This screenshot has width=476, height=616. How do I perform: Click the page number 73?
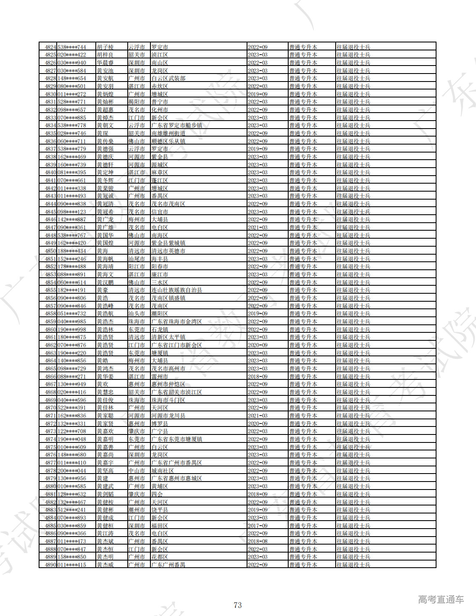[x=237, y=605]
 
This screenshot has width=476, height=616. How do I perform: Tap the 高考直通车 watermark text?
[x=441, y=600]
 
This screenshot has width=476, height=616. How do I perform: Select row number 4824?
[x=50, y=47]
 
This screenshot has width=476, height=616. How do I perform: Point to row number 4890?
[x=50, y=565]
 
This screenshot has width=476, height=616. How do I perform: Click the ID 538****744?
[x=72, y=47]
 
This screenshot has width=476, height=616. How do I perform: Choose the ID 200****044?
[x=72, y=471]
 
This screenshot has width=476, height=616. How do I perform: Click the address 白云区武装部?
[x=168, y=79]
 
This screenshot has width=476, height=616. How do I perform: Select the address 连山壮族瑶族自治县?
[x=176, y=290]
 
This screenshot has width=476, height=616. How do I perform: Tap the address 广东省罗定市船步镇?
[x=176, y=126]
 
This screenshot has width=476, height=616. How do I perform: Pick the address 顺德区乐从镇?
[x=168, y=141]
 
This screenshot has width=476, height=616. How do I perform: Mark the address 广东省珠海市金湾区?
[x=176, y=321]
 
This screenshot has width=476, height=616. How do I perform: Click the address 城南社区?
[x=162, y=471]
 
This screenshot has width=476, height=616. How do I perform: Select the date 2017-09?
[x=258, y=526]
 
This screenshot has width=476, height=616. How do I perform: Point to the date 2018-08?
[x=258, y=541]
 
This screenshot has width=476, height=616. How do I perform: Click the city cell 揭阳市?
[x=137, y=102]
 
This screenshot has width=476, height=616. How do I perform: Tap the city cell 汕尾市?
[x=137, y=259]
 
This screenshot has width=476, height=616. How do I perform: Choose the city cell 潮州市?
[x=137, y=510]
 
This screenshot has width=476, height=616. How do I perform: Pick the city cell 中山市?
[x=137, y=471]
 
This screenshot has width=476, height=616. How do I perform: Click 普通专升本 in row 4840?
[x=303, y=173]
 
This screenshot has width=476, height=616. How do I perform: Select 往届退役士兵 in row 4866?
[x=353, y=376]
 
